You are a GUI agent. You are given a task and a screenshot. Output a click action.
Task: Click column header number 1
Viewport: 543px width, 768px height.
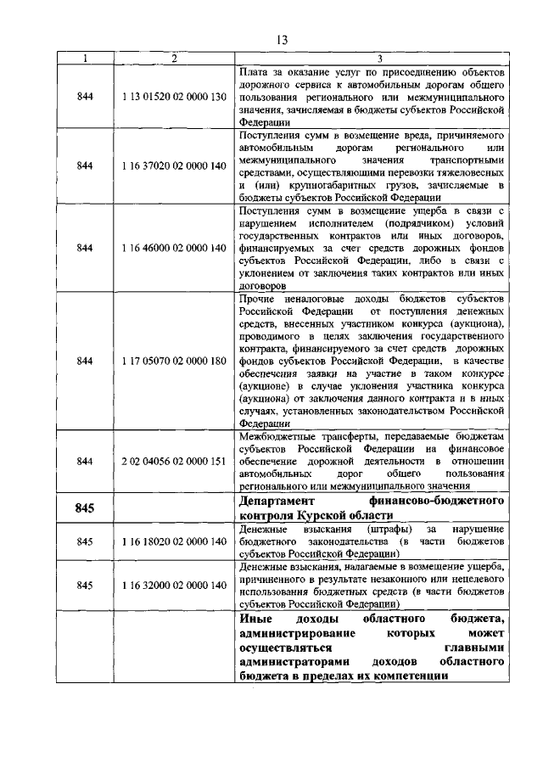84,58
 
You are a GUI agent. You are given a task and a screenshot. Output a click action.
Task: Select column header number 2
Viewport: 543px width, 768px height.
173,58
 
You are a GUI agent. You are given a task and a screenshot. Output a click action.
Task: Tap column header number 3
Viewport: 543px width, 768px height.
379,58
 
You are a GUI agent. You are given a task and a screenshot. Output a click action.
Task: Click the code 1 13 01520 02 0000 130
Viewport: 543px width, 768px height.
173,96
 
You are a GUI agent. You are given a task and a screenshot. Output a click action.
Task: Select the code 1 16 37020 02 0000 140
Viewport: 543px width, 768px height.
173,165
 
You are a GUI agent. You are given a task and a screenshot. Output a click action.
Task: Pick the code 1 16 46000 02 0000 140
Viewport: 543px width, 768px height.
173,248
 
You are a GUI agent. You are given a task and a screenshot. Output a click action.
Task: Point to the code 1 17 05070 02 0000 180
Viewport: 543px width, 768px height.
173,361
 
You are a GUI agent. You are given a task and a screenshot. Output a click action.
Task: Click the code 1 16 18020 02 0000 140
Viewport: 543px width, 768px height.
173,541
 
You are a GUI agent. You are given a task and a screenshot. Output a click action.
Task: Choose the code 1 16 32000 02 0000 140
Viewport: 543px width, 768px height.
173,585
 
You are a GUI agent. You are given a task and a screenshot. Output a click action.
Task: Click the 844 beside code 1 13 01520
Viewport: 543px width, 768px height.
84,96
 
